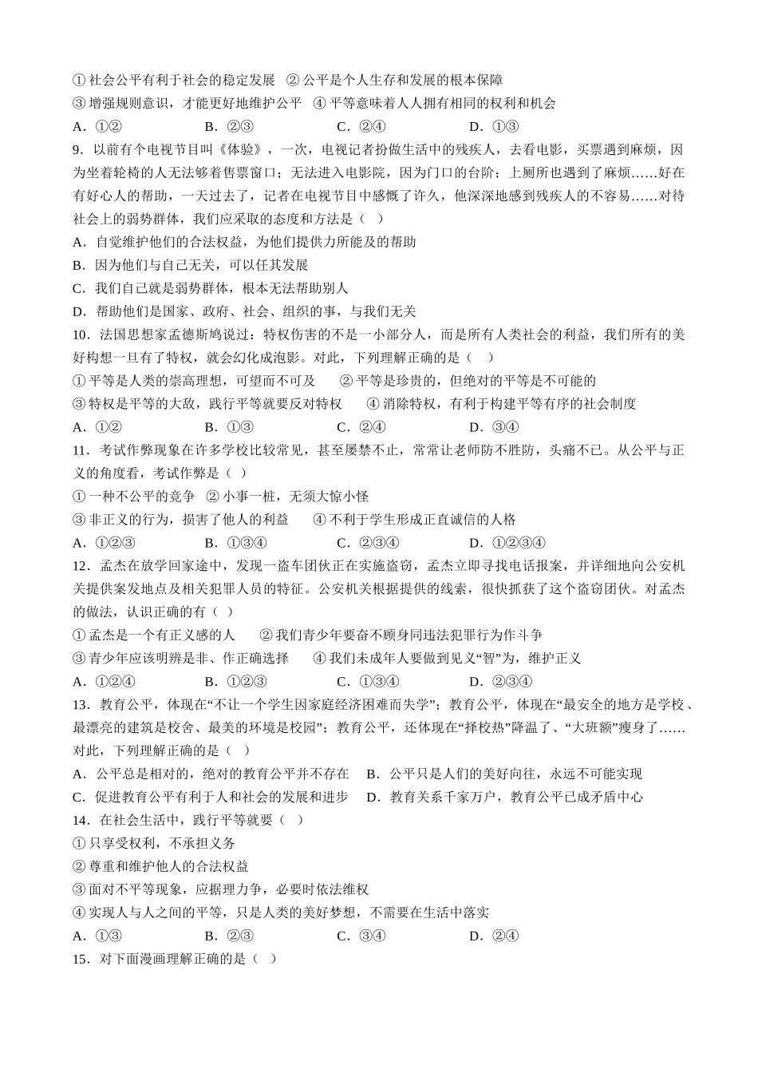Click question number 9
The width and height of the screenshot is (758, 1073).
pyautogui.click(x=77, y=149)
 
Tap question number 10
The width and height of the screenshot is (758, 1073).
pyautogui.click(x=81, y=335)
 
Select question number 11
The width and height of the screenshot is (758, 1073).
pyautogui.click(x=81, y=450)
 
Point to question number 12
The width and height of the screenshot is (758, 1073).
pyautogui.click(x=81, y=566)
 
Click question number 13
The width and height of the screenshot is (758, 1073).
pyautogui.click(x=81, y=705)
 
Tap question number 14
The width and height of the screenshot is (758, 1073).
pyautogui.click(x=81, y=821)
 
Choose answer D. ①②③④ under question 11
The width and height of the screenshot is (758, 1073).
pyautogui.click(x=507, y=543)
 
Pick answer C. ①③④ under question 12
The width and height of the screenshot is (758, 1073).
pyautogui.click(x=368, y=682)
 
